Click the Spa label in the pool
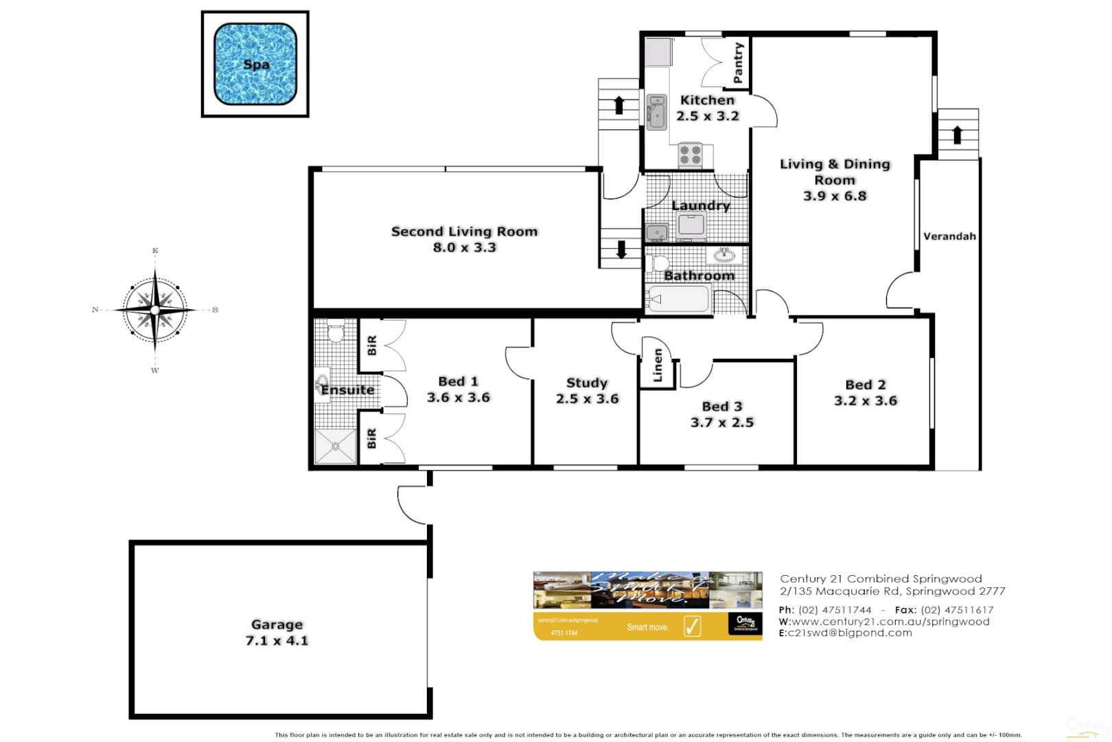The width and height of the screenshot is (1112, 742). [256, 65]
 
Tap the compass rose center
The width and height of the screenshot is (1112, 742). [155, 311]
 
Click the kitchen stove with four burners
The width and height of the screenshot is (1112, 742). [691, 155]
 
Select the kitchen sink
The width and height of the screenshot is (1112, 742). [657, 112]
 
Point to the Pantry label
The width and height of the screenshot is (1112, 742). [738, 63]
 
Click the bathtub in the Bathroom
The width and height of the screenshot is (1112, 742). [679, 300]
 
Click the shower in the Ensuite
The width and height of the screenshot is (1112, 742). [336, 446]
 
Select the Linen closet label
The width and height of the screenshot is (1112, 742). [658, 365]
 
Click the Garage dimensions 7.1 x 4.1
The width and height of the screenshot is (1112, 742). [277, 640]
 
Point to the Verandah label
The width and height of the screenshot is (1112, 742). [949, 236]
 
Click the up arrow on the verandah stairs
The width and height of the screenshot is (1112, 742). [958, 134]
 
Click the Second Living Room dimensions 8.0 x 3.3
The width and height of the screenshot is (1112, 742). [464, 247]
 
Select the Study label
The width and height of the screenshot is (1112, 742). [587, 383]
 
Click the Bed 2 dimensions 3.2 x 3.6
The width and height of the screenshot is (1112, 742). [866, 401]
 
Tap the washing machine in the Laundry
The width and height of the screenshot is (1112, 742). [691, 225]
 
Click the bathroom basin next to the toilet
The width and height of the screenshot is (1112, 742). [723, 256]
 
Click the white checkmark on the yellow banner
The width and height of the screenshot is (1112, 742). [692, 626]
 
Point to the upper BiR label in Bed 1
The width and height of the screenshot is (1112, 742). [371, 345]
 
